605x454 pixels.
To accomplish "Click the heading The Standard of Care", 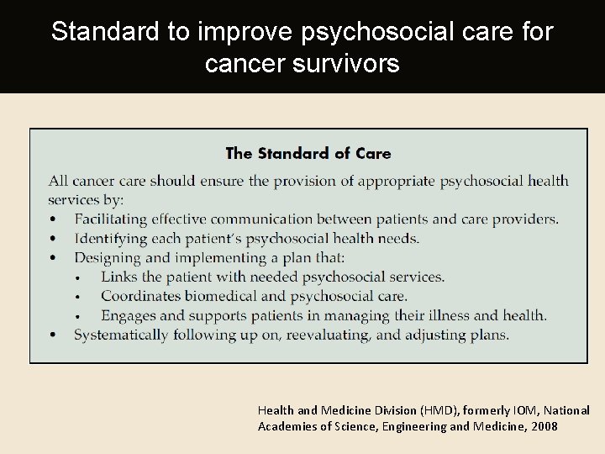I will [x=308, y=153].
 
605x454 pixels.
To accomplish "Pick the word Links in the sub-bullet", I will [x=118, y=277].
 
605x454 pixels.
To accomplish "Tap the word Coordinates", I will [x=140, y=296].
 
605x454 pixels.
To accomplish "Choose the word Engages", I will [x=129, y=315].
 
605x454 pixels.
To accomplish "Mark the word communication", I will [x=270, y=219].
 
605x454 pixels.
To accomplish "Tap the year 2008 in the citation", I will [x=544, y=426].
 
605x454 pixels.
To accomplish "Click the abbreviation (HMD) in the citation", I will [x=437, y=410].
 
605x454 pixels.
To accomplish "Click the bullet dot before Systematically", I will [x=53, y=335].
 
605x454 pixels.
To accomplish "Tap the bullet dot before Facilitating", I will [x=53, y=220].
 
